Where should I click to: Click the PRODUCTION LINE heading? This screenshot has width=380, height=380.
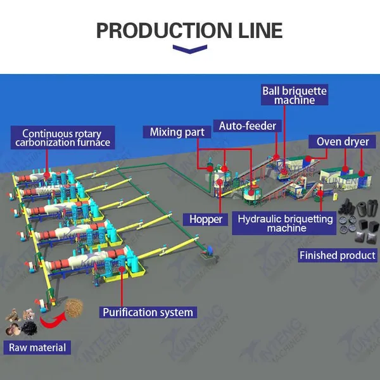point(189,30)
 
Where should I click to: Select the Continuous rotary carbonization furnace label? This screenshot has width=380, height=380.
point(63,137)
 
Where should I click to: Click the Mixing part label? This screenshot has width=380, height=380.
point(177,132)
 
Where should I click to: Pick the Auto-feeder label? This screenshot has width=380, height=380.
point(248,126)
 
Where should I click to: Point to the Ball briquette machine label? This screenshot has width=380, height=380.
point(294,95)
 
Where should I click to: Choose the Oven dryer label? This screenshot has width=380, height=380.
point(343,141)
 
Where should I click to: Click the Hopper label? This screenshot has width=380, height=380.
point(205,219)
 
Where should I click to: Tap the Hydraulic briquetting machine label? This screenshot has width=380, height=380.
point(284,223)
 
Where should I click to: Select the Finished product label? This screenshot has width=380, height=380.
point(338,255)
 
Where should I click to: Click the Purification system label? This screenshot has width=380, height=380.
point(148,312)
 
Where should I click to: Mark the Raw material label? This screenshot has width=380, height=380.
point(37,348)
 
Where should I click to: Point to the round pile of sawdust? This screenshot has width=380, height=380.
point(74,308)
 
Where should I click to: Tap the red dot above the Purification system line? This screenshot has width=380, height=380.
point(122,269)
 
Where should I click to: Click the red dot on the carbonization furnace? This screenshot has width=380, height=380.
point(47,175)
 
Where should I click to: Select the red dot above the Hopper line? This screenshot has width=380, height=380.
point(220,182)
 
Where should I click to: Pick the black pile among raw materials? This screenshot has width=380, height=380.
point(29,328)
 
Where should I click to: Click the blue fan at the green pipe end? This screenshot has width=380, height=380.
point(210,250)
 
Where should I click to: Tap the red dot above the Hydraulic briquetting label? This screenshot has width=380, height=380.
point(320,193)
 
